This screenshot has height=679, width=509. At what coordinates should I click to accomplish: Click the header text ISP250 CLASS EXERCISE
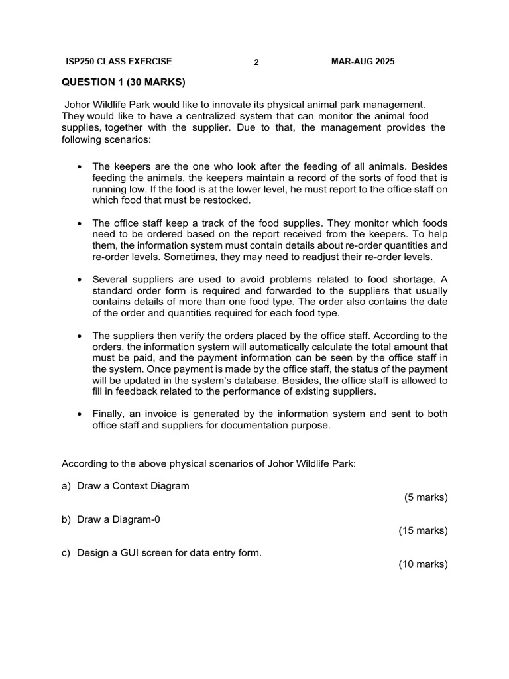click(x=119, y=62)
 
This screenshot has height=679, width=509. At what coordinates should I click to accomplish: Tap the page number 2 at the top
click(x=256, y=63)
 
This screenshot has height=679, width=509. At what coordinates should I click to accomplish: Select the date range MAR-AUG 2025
click(x=363, y=62)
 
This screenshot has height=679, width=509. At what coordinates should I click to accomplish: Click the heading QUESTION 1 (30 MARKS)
click(x=123, y=82)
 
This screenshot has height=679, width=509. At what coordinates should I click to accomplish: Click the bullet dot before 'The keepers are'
click(x=80, y=167)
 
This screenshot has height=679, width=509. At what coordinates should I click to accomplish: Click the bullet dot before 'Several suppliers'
click(x=80, y=279)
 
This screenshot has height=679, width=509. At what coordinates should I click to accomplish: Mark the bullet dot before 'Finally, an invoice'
click(x=80, y=414)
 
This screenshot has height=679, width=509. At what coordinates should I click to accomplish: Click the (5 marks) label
click(x=425, y=497)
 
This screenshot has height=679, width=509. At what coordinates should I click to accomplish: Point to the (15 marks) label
click(x=423, y=530)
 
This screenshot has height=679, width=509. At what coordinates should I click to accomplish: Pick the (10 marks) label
click(x=423, y=564)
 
